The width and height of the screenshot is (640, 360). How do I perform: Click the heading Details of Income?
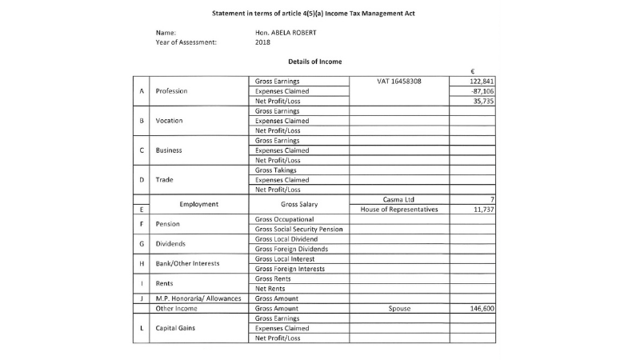(x=315, y=61)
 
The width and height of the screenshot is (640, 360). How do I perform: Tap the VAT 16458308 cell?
(x=399, y=82)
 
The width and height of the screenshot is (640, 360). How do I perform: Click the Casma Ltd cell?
(x=399, y=199)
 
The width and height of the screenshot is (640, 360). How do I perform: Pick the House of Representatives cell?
(x=399, y=210)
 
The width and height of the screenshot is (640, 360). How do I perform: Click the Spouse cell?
(x=399, y=307)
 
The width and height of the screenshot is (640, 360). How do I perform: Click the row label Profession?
(x=171, y=91)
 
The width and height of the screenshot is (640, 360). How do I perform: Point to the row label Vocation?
(x=169, y=121)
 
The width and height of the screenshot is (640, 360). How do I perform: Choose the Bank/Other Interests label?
(x=187, y=263)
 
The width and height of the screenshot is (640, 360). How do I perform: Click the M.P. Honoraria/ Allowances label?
(x=198, y=298)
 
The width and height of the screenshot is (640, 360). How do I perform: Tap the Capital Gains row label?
(x=177, y=327)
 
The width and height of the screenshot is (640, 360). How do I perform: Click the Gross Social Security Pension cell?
(x=298, y=229)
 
